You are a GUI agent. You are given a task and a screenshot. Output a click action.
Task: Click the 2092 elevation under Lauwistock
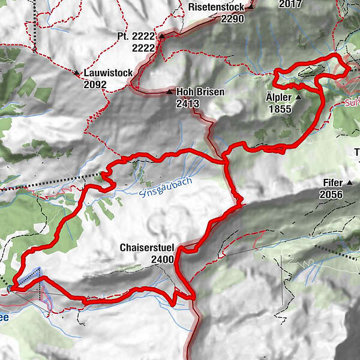coord(95,85)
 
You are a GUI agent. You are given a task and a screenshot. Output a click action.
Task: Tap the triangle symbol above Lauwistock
coord(77,73)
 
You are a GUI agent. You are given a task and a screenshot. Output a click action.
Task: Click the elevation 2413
coord(188,104)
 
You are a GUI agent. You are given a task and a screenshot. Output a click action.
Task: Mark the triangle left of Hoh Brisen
coord(170,92)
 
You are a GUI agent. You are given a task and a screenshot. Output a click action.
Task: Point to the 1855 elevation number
coord(280,109)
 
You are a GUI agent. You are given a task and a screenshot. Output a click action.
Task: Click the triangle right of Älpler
coord(298,97)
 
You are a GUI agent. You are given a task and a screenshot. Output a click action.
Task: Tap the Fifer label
coord(331,182)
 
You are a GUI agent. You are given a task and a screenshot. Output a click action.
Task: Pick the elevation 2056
coord(331,194)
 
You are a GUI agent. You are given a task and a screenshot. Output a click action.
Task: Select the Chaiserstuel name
coord(146,248)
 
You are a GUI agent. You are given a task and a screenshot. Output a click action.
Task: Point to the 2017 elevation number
coord(291,4)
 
